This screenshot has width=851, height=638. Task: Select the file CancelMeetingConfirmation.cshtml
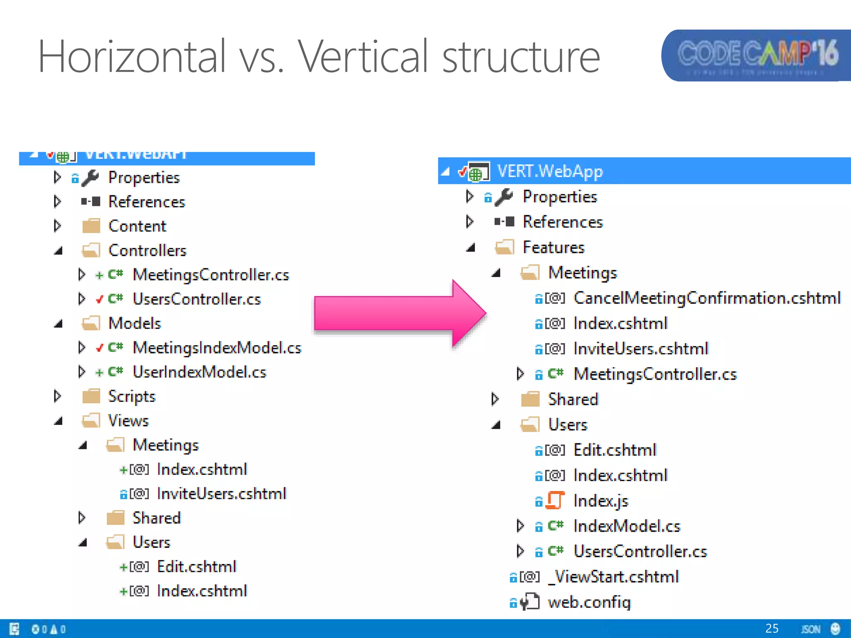[x=707, y=298]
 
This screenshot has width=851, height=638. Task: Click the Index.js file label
[x=600, y=501]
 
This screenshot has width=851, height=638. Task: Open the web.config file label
[x=589, y=602]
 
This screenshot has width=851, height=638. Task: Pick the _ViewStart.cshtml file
[x=613, y=577]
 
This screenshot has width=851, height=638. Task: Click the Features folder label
[x=553, y=248]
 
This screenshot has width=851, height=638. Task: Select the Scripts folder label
[x=131, y=396]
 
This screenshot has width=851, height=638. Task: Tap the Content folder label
[x=137, y=226]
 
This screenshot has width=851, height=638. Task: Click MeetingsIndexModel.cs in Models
[x=216, y=348]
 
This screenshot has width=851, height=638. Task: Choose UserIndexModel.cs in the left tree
[x=199, y=372]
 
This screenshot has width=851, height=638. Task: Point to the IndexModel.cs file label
[x=627, y=526]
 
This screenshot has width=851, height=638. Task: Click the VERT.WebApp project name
[x=550, y=171]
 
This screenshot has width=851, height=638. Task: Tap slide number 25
[x=772, y=628]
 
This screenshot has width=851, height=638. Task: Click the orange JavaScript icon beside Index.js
[x=555, y=501]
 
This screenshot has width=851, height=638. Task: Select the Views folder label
[x=128, y=421]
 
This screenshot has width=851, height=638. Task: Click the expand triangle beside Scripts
[x=57, y=396]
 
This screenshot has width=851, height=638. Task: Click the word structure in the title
[x=521, y=56]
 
